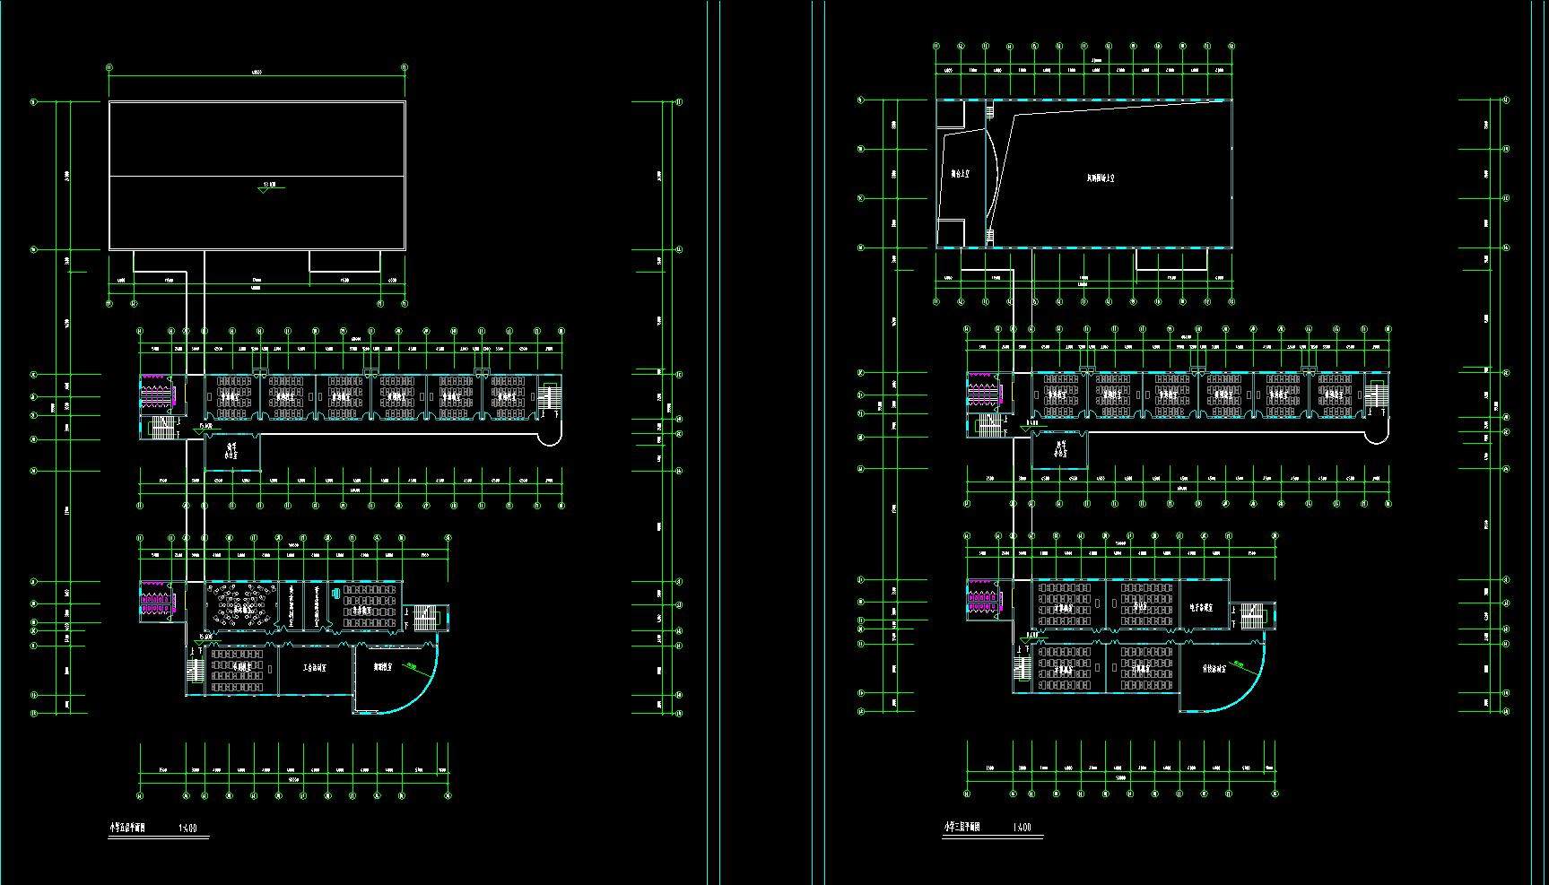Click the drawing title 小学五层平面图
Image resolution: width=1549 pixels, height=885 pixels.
coord(133,829)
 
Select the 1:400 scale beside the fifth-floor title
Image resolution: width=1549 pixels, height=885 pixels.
coord(188,829)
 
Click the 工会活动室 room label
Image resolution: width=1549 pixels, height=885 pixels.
coord(314,668)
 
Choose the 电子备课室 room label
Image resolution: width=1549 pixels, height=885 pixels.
coord(1201,607)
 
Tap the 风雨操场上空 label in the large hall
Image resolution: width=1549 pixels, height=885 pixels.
coord(1100,178)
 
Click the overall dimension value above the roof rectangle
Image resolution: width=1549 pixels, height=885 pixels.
coord(257,73)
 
